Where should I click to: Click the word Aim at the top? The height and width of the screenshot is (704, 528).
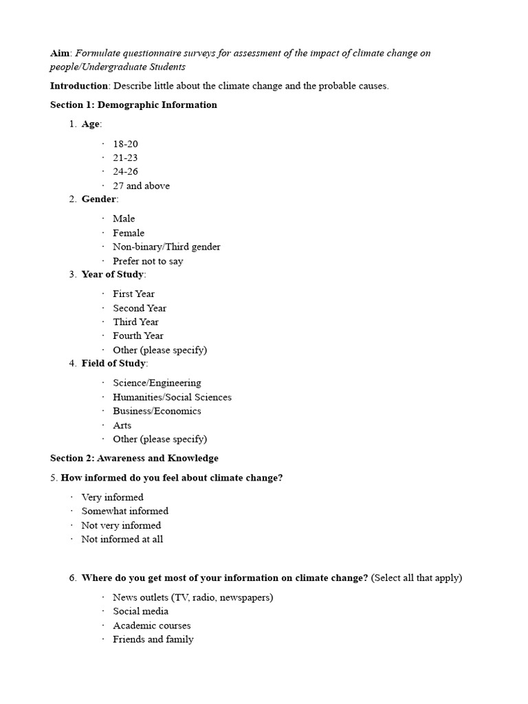[60, 53]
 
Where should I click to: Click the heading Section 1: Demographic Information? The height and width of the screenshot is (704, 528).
[133, 105]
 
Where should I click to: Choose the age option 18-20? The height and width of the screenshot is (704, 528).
[126, 144]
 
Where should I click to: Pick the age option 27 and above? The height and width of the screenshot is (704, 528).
[141, 186]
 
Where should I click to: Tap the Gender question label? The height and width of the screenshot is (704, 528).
[98, 199]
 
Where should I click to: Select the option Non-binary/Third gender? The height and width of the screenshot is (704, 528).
[166, 247]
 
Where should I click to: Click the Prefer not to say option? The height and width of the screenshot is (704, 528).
[148, 261]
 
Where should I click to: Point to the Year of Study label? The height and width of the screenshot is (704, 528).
[112, 274]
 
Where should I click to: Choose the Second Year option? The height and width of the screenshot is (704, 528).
[140, 308]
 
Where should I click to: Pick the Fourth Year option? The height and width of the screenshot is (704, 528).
[138, 336]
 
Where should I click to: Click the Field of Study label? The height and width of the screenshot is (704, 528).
[113, 364]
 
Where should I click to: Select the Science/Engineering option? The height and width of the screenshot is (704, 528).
[157, 383]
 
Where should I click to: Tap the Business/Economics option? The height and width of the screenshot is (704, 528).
[157, 411]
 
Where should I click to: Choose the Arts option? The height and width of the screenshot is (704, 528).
[122, 426]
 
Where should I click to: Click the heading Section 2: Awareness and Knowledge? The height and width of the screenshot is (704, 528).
[134, 458]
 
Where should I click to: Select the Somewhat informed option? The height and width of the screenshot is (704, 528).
[124, 511]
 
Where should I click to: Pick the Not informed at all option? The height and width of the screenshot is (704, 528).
[122, 540]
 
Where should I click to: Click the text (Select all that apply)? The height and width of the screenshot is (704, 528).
[417, 578]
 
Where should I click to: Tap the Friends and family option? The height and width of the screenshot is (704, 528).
[153, 639]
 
